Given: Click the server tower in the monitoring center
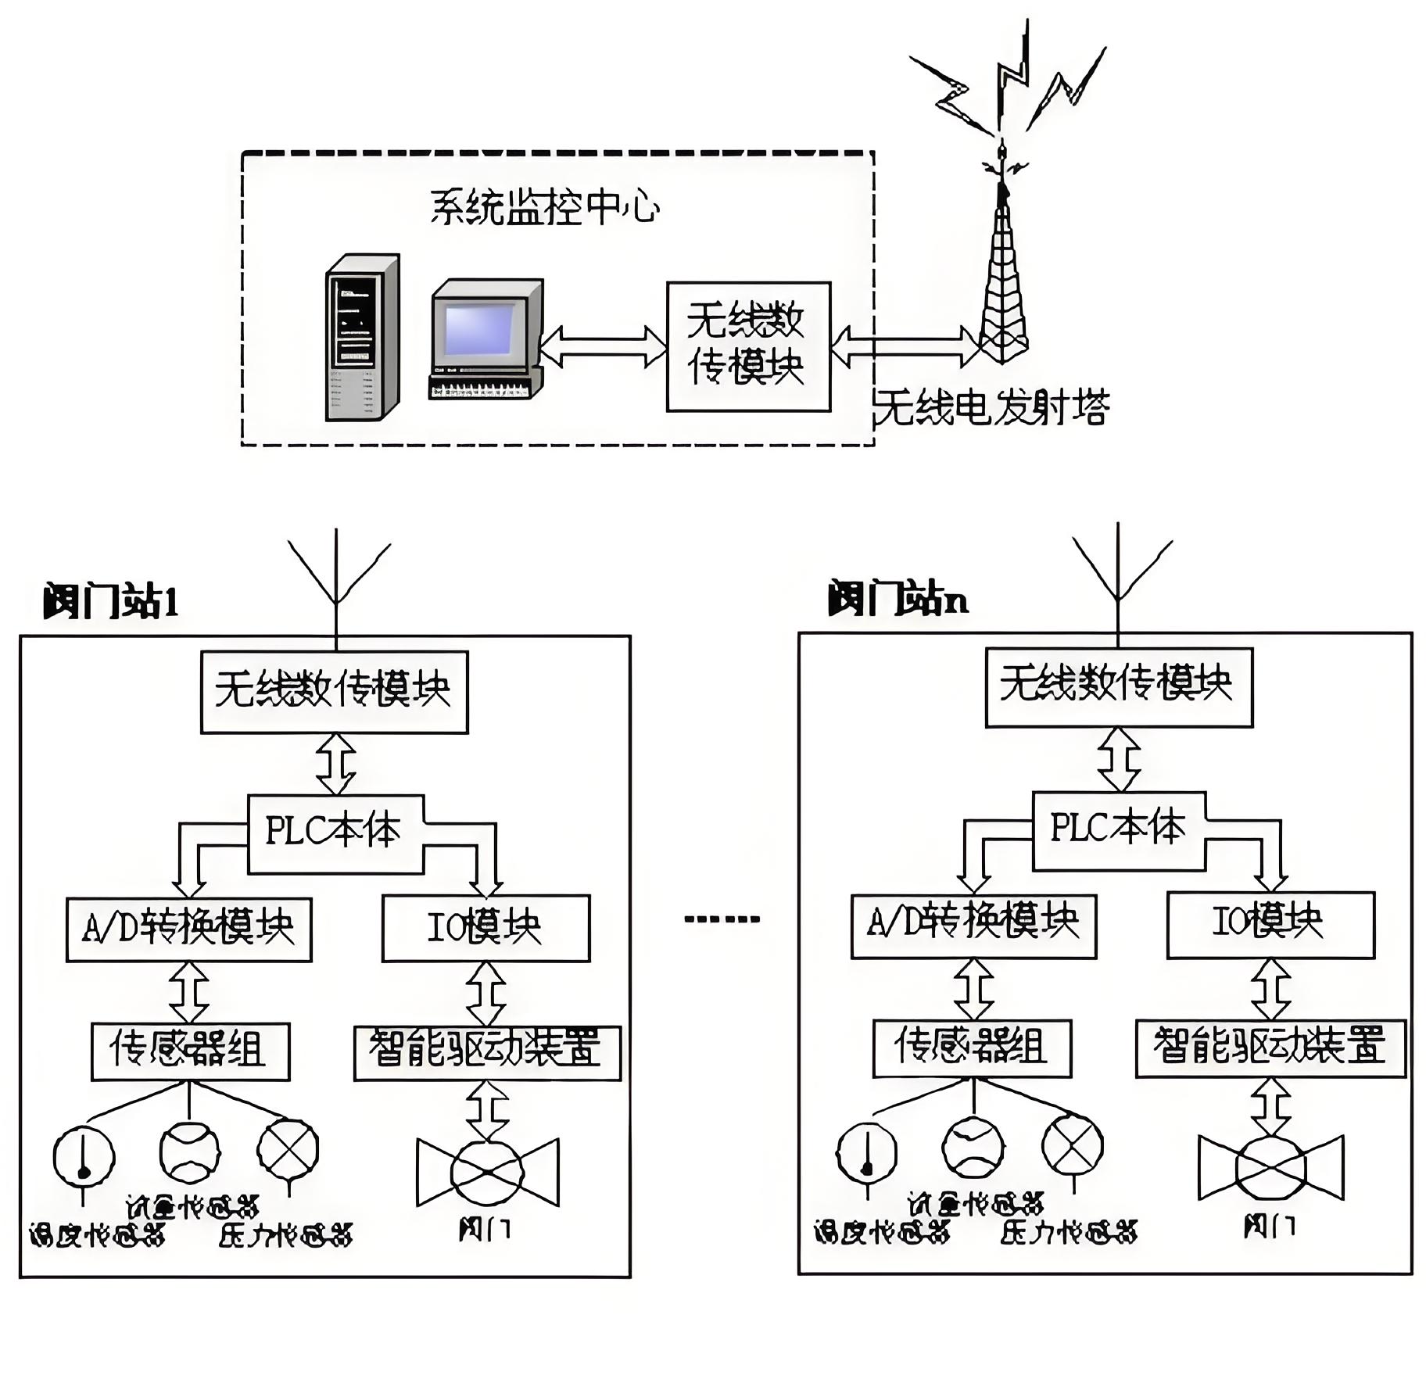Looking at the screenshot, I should [x=361, y=337].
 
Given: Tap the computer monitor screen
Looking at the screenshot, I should [x=479, y=329].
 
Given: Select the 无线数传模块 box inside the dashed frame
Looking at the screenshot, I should [x=747, y=346].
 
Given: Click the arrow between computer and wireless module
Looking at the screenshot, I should [x=604, y=346].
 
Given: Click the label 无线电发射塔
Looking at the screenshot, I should [x=991, y=407].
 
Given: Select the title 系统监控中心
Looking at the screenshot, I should [x=545, y=207].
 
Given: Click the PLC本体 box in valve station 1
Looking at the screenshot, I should [x=335, y=833].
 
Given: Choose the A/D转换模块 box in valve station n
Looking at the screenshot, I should [x=973, y=924].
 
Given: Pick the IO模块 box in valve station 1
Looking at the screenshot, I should [x=485, y=928].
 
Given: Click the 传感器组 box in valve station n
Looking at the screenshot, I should [x=972, y=1047].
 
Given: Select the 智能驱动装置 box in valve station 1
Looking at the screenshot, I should [x=486, y=1051].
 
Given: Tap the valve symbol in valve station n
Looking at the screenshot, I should [x=1270, y=1168].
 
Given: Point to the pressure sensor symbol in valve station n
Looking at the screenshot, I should [x=1073, y=1145].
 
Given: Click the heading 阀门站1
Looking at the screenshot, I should [x=111, y=602].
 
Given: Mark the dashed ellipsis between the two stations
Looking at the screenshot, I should [x=722, y=919].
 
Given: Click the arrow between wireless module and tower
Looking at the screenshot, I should [x=906, y=346].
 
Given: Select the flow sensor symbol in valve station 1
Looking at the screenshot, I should [x=189, y=1152].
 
